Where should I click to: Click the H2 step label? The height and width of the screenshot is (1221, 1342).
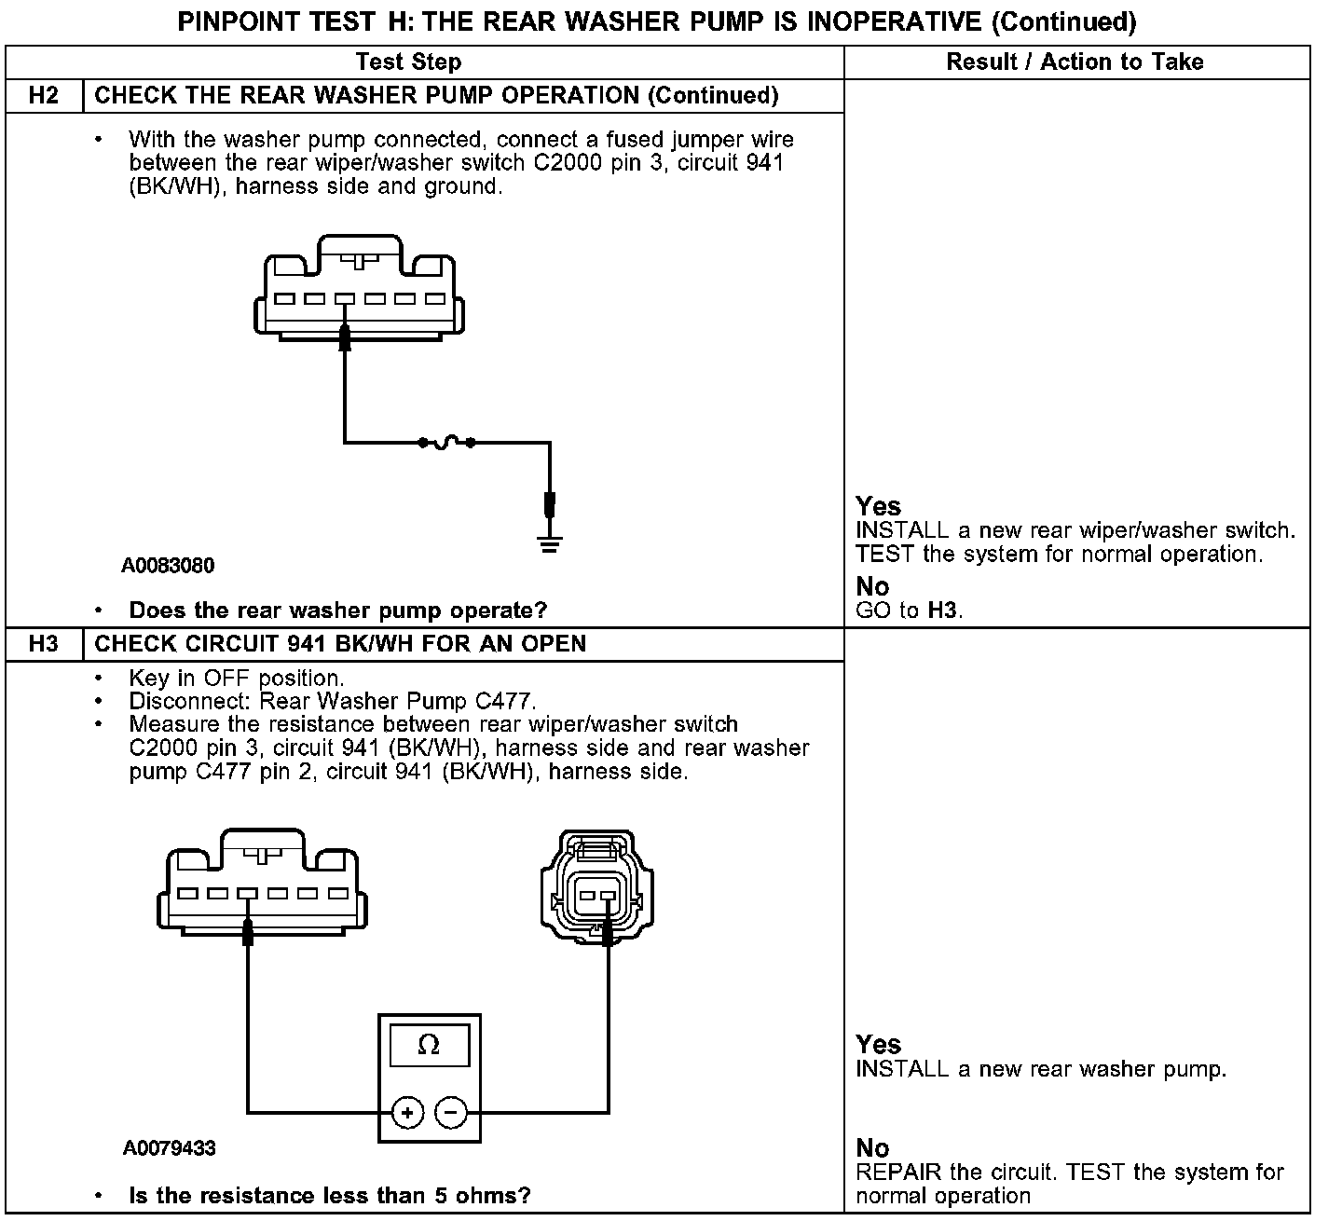coord(44,96)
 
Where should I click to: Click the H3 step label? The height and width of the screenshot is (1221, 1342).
coord(44,644)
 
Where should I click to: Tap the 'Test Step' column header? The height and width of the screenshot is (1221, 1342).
coord(408,62)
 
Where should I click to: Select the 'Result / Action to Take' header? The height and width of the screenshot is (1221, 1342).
coord(1075,62)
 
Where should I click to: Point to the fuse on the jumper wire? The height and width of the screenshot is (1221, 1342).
coord(446,442)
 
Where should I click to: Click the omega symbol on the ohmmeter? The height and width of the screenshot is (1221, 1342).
coord(429,1045)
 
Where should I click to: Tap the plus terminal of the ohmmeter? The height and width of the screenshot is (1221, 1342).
coord(407,1112)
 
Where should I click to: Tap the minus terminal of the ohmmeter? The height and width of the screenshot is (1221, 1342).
coord(451,1112)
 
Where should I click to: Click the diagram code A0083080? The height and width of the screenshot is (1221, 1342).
coord(168,566)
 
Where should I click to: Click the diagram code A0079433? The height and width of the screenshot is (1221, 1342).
coord(169,1148)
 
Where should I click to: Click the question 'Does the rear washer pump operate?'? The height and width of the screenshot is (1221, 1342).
coord(337,610)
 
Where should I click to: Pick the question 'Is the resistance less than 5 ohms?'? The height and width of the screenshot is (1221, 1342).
coord(330,1196)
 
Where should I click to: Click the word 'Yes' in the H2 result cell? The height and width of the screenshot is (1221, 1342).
coord(878,506)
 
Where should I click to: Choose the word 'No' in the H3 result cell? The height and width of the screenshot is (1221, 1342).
coord(872,1148)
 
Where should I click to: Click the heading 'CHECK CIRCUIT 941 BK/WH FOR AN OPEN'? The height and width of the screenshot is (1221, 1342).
coord(340,644)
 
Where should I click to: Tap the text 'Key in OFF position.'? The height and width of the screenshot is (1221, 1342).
coord(237,678)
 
